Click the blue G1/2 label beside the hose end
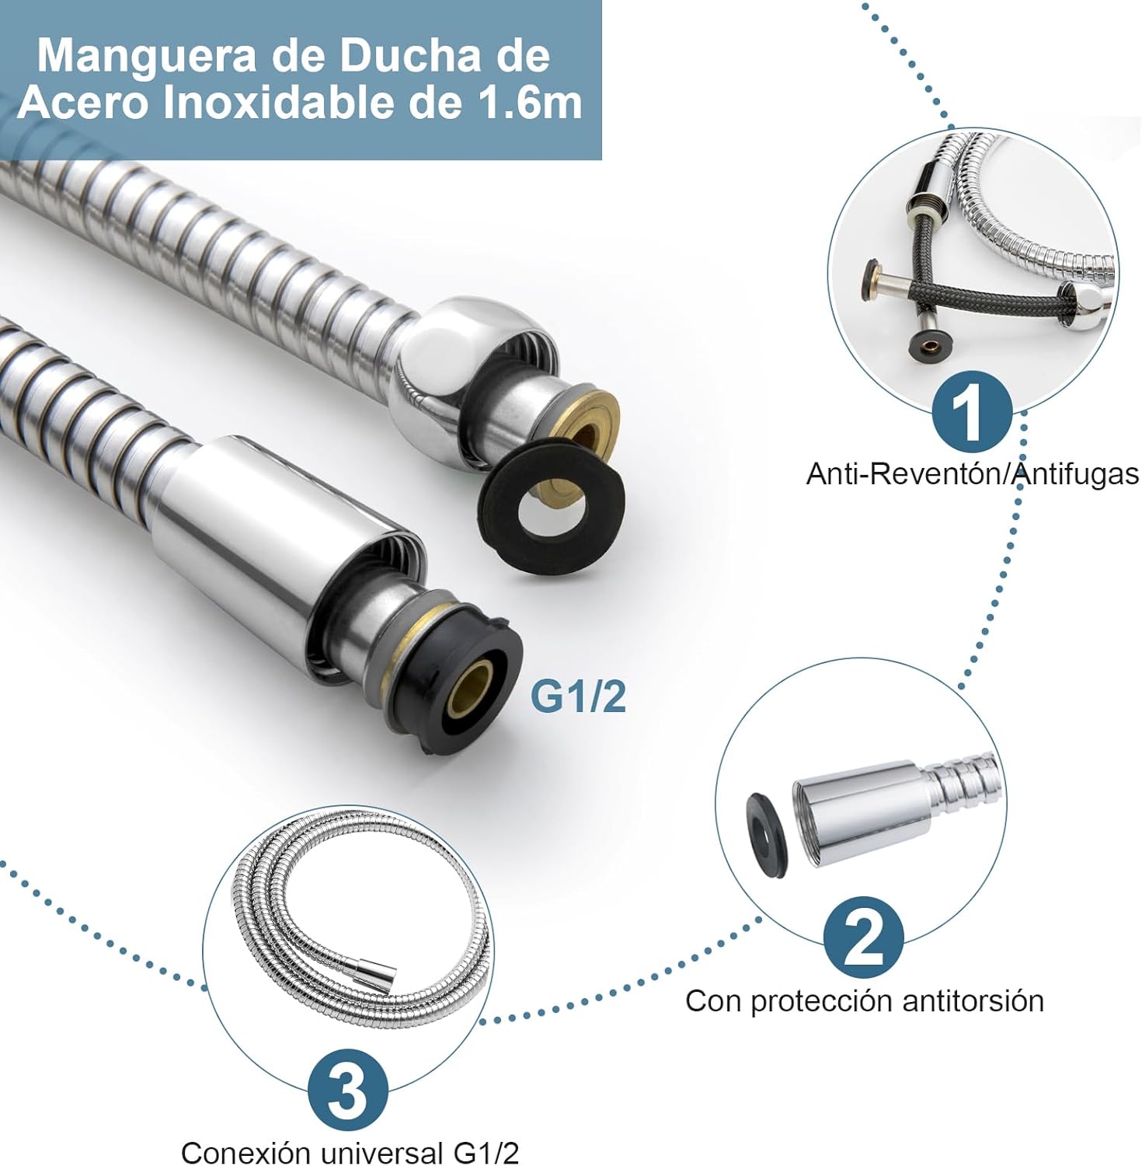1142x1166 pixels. [x=578, y=696]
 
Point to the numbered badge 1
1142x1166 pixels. [x=970, y=412]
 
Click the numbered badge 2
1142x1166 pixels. [x=863, y=937]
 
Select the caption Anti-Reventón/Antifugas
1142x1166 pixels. [x=973, y=473]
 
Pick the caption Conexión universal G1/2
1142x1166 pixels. [x=350, y=1152]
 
